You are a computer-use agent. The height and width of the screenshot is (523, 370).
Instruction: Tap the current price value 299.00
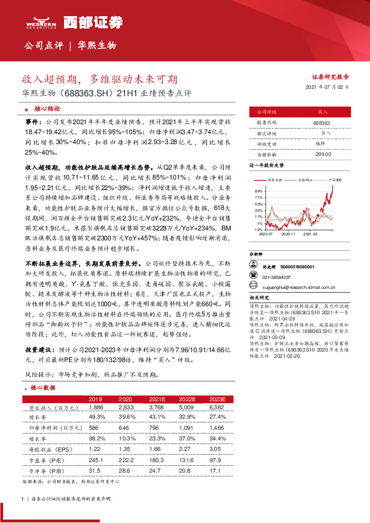(x=321, y=153)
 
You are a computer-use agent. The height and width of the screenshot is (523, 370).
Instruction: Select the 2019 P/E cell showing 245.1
(x=96, y=460)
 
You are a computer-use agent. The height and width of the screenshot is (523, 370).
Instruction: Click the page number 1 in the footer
(x=22, y=499)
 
